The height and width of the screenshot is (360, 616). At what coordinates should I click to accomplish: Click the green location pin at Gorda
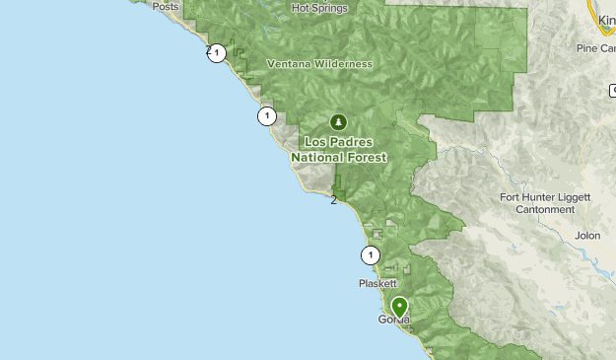click(x=399, y=307)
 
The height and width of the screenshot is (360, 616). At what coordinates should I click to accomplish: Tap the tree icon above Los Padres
click(x=339, y=122)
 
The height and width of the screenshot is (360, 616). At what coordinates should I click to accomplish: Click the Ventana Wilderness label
click(x=319, y=64)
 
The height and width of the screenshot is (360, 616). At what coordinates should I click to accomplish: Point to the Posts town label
click(x=167, y=6)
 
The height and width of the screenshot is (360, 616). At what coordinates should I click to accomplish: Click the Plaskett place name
click(x=376, y=283)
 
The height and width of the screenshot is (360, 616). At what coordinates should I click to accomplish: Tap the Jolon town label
click(x=587, y=237)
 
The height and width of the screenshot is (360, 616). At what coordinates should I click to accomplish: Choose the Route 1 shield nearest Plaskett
click(x=370, y=255)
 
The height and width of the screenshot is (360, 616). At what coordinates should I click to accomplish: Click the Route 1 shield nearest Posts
click(x=217, y=53)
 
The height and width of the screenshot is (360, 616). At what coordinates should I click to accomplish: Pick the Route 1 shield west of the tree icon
click(x=266, y=116)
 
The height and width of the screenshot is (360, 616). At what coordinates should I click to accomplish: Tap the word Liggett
click(x=571, y=196)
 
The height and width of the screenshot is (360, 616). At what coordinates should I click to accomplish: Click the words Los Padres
click(x=339, y=142)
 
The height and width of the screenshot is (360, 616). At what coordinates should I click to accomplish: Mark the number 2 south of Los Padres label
click(x=334, y=200)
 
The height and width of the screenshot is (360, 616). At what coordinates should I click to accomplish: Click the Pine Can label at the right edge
click(x=597, y=47)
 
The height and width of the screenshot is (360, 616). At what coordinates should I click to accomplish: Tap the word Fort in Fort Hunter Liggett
click(x=511, y=196)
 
